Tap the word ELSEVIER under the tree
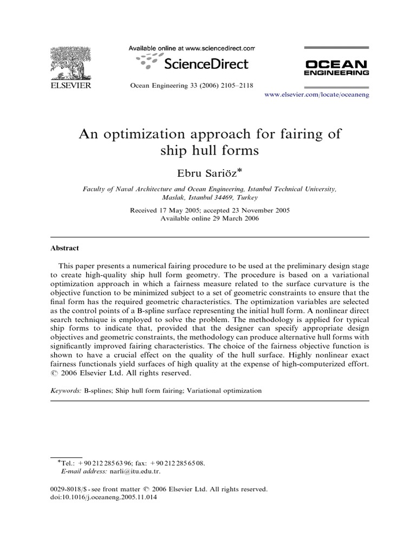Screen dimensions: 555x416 click(71, 86)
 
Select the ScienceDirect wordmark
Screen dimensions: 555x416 click(205, 64)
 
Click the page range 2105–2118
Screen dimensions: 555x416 click(233, 85)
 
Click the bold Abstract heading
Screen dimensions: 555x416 click(64, 248)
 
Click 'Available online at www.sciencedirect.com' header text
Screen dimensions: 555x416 click(191, 48)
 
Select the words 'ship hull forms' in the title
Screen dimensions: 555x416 click(209, 151)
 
